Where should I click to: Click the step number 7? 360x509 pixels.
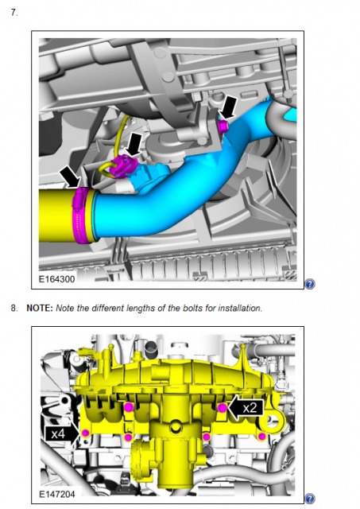point(14,13)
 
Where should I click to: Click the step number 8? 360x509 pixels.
point(14,308)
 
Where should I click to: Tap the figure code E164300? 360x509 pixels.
point(56,279)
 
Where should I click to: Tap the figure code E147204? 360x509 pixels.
point(56,494)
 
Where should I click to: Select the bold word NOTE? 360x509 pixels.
point(40,308)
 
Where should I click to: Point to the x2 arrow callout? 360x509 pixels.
point(246,408)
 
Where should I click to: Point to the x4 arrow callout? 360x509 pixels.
point(62,433)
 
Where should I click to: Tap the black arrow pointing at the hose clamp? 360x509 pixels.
point(71,177)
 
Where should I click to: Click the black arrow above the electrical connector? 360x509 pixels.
point(134,143)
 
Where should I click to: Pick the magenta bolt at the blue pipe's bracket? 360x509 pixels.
point(223,126)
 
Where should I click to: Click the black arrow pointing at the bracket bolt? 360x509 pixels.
point(230,107)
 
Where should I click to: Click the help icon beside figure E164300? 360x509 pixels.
point(310,284)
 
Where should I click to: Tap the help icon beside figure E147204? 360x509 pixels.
point(310,499)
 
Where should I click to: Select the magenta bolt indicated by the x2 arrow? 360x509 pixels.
point(222,408)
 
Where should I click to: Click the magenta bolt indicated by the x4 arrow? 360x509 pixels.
point(86,433)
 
